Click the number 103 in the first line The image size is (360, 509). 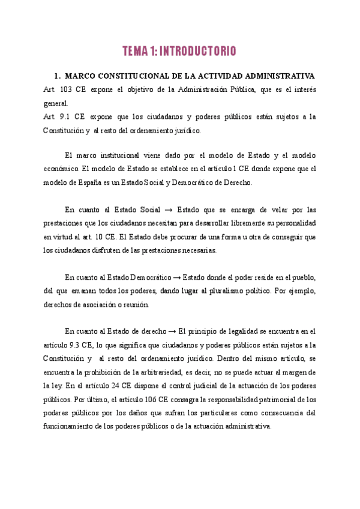click(x=69, y=89)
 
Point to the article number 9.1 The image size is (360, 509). click(x=69, y=116)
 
